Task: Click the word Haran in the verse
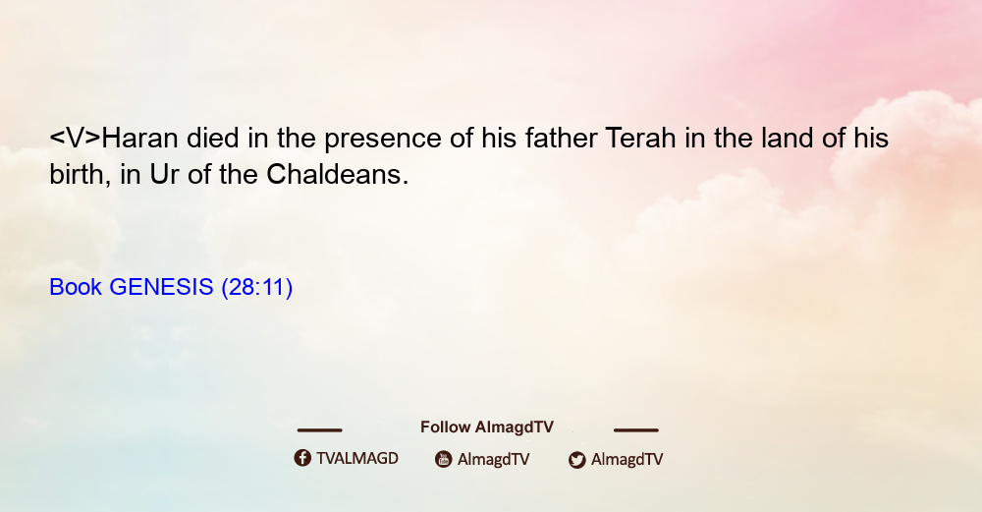point(139,138)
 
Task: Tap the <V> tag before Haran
point(76,138)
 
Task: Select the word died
point(213,138)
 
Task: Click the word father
point(561,138)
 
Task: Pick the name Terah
point(640,138)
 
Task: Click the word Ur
point(164,175)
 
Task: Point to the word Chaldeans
point(338,174)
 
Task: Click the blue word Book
point(76,287)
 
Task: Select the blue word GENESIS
point(162,287)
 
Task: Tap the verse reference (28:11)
point(256,287)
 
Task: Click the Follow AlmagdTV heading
point(487,427)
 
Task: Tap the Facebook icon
point(302,458)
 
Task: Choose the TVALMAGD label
point(357,459)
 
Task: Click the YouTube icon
point(444,459)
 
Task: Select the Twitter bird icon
point(576,460)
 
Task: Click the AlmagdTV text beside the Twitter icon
point(627,460)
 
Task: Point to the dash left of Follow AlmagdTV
point(319,430)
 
